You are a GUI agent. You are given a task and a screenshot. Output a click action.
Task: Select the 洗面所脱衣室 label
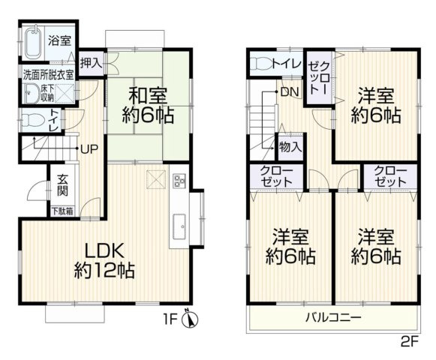pos(48,75)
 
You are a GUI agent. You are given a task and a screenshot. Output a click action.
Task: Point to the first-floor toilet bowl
pos(30,119)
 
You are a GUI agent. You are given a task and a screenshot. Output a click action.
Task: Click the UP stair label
pos(88,148)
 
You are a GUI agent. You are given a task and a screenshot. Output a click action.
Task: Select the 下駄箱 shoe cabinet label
pos(62,211)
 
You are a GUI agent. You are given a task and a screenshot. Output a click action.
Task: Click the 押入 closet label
pos(92,62)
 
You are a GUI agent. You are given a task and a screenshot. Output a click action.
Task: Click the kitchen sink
pos(180,224)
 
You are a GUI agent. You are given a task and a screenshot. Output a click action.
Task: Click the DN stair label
pos(290,91)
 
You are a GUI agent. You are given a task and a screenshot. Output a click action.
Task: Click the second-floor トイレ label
pos(287,62)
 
